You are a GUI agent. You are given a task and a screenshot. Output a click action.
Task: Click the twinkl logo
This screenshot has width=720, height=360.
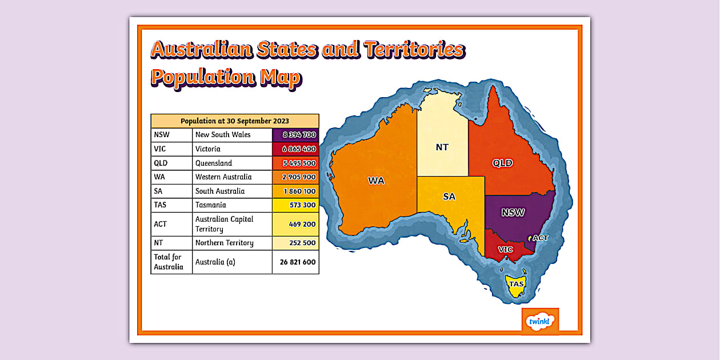tap(540, 320)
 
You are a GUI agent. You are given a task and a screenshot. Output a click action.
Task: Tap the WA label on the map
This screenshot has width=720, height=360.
tap(376, 181)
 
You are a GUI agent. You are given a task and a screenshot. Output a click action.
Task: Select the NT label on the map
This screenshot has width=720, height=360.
tap(442, 147)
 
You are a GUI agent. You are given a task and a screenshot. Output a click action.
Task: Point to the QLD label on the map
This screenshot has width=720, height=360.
tap(503, 163)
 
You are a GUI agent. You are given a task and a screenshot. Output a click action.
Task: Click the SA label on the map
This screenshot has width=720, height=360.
tap(450, 197)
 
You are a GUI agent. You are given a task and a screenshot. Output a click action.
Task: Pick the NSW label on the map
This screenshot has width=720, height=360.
tap(513, 213)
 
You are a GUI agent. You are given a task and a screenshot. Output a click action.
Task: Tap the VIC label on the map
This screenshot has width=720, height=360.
tap(506, 250)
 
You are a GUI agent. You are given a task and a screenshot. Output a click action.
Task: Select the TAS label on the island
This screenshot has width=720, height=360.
tap(517, 284)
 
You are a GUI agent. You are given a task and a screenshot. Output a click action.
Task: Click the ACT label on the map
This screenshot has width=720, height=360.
tap(541, 238)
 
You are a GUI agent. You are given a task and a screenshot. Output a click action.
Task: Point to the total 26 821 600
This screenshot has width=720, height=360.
tap(295, 262)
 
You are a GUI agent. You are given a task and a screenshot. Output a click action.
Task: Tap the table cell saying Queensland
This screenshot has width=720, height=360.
tap(214, 163)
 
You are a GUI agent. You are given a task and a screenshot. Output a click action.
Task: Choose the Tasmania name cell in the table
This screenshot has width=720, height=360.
tap(211, 205)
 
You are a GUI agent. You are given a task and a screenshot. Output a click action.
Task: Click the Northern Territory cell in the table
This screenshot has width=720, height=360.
tap(224, 243)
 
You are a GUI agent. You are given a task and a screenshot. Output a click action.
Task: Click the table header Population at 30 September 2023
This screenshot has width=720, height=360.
tap(235, 121)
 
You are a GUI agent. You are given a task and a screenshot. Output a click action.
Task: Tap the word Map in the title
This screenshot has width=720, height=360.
tap(280, 77)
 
